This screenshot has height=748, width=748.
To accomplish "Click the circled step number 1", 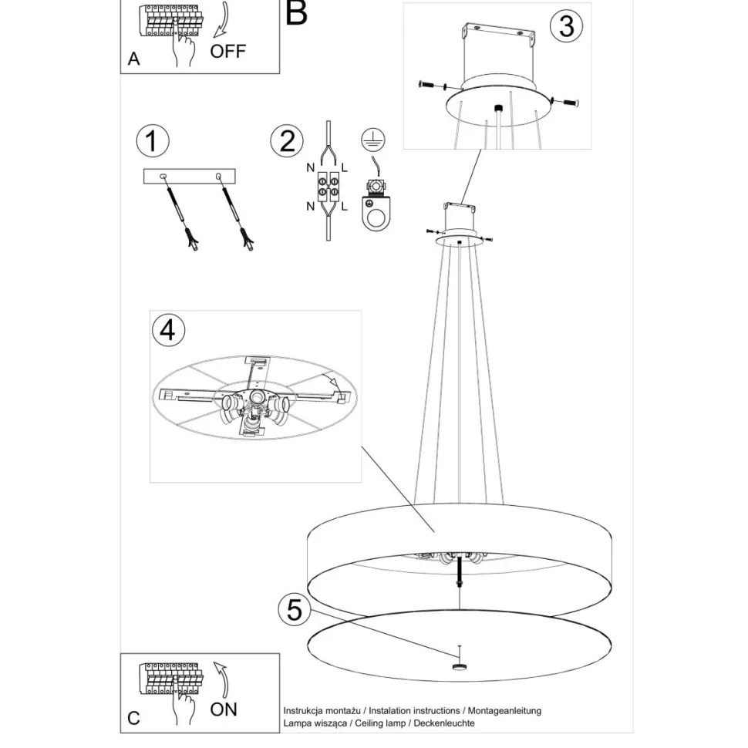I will click(152, 142).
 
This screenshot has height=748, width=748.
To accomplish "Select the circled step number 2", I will click(287, 142).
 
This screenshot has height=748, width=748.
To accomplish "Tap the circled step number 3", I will click(566, 26).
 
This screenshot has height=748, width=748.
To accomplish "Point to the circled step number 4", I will click(169, 330).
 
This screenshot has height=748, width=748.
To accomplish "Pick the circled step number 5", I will click(294, 610).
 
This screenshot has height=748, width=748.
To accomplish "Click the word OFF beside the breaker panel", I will click(228, 52).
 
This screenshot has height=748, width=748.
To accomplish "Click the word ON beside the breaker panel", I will click(224, 708).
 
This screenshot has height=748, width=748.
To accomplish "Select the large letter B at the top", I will click(296, 13).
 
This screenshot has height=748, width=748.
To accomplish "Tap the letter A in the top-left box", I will click(134, 59).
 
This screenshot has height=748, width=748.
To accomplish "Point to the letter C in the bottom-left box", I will click(134, 718).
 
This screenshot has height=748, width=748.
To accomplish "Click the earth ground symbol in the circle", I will click(373, 140).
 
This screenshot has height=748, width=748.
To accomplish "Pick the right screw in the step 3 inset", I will click(565, 102).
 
